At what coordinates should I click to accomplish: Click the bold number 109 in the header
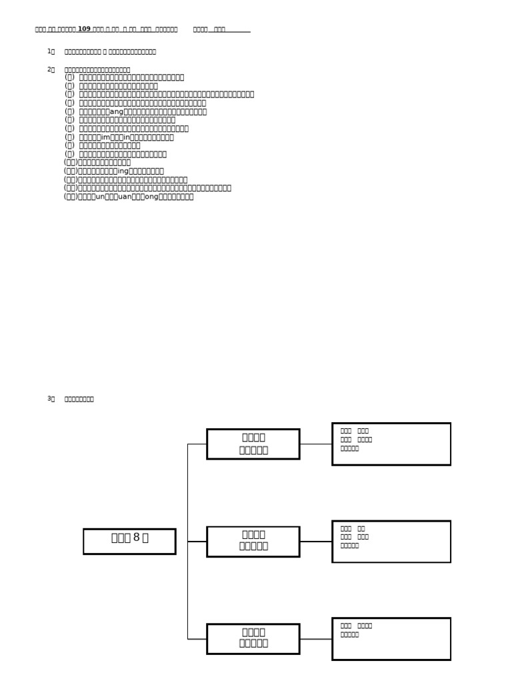84,29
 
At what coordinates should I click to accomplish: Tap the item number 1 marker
50,51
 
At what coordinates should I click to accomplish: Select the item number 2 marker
50,69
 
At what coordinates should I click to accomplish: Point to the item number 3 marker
50,399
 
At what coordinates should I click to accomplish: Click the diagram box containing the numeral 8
129,541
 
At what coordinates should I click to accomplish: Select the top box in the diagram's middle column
253,444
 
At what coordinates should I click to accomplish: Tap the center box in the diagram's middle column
253,541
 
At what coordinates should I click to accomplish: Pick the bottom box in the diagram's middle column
253,638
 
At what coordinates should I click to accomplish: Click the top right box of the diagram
391,444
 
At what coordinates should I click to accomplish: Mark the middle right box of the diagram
391,541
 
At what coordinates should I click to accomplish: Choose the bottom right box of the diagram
391,638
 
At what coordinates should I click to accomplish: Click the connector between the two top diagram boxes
315,444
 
